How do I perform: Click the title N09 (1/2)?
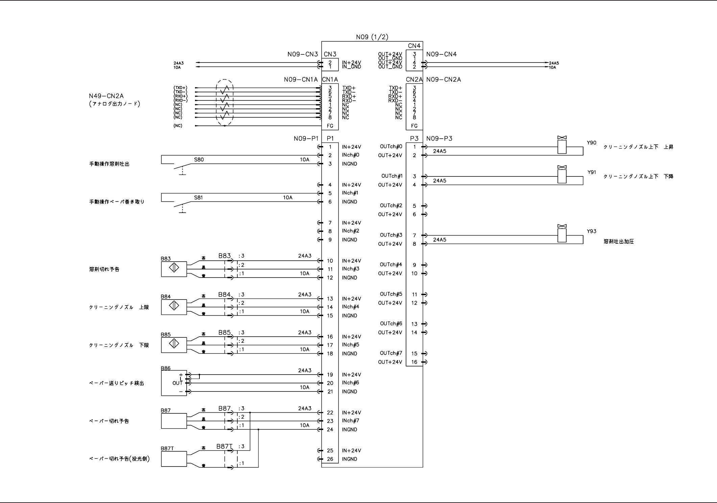pos(372,37)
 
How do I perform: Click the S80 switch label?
pos(199,160)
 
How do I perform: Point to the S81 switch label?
pos(198,197)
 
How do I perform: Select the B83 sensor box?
pos(174,269)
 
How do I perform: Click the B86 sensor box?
pos(174,383)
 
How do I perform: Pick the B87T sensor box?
pos(174,459)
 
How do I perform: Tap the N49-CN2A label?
pos(106,96)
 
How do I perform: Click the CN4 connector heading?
pos(414,46)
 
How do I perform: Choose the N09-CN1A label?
pos(301,79)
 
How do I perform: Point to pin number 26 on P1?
pos(330,459)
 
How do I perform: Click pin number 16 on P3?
pos(414,362)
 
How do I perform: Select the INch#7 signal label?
pos(351,421)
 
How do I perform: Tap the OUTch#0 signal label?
pos(391,147)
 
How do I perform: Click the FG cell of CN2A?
pos(414,126)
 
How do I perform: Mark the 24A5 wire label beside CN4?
pos(554,63)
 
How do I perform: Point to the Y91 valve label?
pos(592,172)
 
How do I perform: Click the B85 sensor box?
pos(174,345)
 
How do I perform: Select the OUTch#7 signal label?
pos(391,353)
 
